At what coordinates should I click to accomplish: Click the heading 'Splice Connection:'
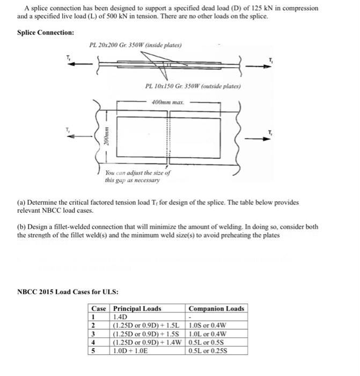[46, 33]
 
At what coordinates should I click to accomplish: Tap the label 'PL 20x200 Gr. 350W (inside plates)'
[135, 45]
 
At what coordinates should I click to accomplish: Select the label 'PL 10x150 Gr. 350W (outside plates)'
[193, 86]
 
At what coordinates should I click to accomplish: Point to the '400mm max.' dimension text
[168, 102]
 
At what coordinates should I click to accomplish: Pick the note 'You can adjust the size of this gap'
[138, 177]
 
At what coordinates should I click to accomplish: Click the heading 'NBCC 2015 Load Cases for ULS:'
[68, 292]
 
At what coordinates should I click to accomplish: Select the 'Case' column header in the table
[99, 309]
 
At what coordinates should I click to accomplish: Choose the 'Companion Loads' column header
[216, 309]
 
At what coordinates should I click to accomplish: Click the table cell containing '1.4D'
[120, 317]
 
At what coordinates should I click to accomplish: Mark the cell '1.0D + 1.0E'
[131, 351]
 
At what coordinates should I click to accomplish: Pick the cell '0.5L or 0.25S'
[211, 351]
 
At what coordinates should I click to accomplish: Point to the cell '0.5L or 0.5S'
[210, 342]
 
